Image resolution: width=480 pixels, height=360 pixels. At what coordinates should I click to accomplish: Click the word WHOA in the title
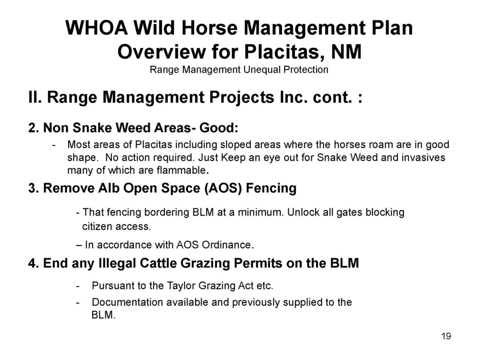pos(97,28)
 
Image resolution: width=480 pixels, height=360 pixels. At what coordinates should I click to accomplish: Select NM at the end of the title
pos(346,52)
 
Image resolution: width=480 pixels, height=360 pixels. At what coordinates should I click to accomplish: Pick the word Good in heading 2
pos(218,127)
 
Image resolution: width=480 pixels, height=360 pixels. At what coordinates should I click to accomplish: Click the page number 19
pos(446,336)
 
